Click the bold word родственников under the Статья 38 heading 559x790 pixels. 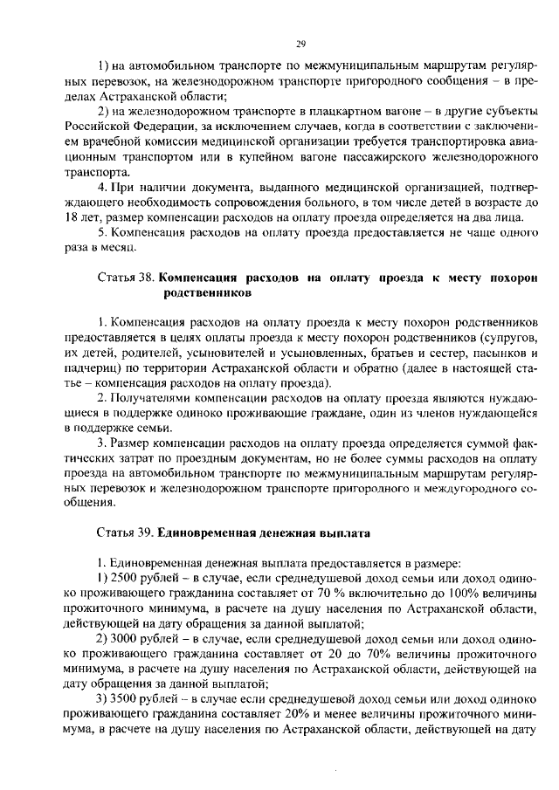click(212, 293)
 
